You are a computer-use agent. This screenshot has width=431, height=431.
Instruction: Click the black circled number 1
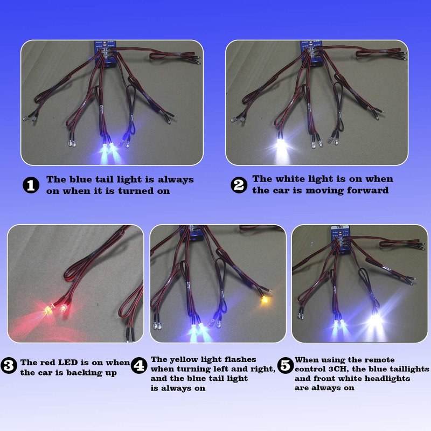(x=31, y=185)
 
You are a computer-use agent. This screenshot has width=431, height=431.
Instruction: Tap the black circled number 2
(x=239, y=185)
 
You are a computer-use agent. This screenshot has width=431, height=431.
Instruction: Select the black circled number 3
(x=9, y=365)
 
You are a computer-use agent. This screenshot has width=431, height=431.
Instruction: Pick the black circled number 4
(x=139, y=365)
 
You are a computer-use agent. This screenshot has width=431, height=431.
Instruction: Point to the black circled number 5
(x=286, y=365)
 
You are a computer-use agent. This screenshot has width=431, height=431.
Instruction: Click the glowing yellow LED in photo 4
(x=265, y=300)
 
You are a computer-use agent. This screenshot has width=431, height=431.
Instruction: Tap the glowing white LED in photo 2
(x=281, y=145)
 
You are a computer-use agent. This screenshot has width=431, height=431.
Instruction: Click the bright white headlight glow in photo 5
(x=374, y=321)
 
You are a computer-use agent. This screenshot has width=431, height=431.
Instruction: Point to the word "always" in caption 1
(x=176, y=180)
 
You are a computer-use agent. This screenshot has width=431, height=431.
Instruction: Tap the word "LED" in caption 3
(x=68, y=363)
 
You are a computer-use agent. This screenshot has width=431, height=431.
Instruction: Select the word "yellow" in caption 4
(x=182, y=360)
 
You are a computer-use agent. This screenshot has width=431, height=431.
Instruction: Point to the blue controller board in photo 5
(x=340, y=239)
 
